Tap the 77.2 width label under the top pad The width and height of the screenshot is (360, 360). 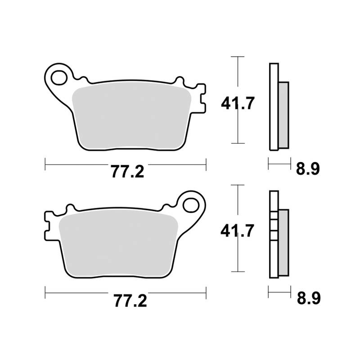tap(126, 171)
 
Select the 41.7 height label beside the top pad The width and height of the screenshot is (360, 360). tap(238, 104)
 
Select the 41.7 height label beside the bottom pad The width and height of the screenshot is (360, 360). tap(238, 232)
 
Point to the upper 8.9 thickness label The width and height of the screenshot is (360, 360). tap(308, 169)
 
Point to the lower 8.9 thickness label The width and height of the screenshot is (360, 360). tap(308, 297)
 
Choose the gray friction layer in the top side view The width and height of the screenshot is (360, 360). tap(283, 115)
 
